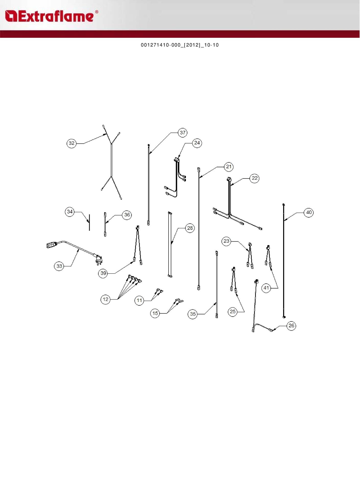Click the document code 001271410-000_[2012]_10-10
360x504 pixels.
180,45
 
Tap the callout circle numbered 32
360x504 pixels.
71,143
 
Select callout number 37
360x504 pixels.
183,133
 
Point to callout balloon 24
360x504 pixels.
197,143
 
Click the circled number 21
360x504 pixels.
229,167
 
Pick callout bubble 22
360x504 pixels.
255,178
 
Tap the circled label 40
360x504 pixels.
309,212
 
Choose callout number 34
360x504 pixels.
70,212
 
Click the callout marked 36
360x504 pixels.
127,215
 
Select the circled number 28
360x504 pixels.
190,228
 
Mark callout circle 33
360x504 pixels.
59,266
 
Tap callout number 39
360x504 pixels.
103,273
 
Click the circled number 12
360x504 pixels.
105,299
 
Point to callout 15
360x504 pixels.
155,313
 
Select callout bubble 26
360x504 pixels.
291,326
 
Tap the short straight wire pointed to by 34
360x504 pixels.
89,222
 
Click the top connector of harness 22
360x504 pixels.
229,179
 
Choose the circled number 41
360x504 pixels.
266,288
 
